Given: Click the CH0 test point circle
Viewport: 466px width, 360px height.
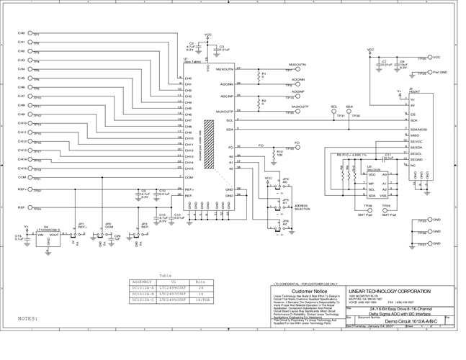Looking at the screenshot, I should [30, 33].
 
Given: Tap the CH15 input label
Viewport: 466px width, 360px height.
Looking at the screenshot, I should [21, 168].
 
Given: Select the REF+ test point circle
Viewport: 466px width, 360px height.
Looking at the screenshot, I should [30, 191].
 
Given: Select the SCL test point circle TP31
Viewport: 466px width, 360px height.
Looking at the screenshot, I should [334, 111].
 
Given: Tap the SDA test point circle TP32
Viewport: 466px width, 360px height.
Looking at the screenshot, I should [349, 111].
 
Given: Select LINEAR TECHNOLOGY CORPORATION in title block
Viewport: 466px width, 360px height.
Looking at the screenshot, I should [390, 290].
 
